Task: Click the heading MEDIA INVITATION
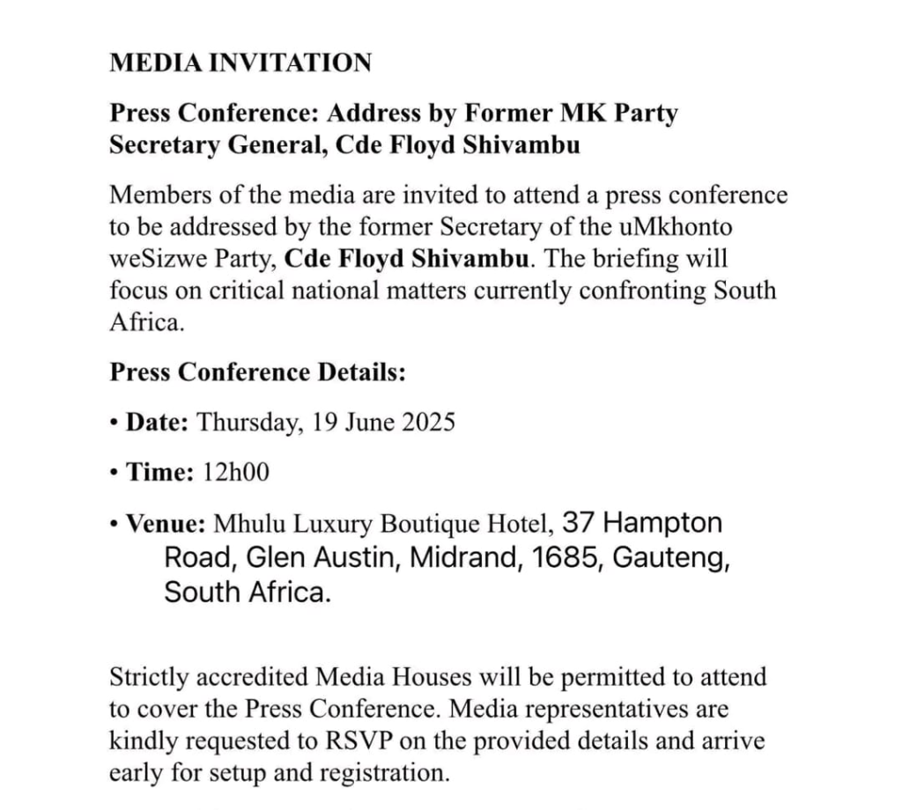pyautogui.click(x=240, y=63)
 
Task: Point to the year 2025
pyautogui.click(x=427, y=422)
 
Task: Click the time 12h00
pyautogui.click(x=235, y=473)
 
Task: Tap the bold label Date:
pyautogui.click(x=157, y=422)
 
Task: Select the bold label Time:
pyautogui.click(x=159, y=473)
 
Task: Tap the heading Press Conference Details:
pyautogui.click(x=257, y=372)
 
